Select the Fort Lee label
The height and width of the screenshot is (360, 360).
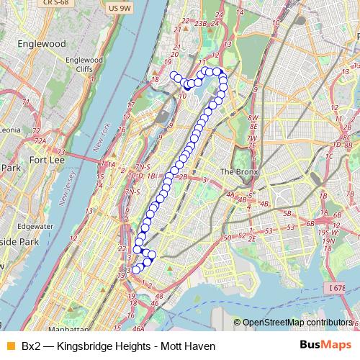coord(48,140)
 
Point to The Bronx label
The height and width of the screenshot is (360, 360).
coord(238,172)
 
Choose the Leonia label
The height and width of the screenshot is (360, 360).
coord(10,130)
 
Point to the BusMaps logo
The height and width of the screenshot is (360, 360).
coord(325,346)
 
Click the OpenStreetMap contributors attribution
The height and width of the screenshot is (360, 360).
coord(297,323)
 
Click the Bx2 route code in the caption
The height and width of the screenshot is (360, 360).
coord(30,346)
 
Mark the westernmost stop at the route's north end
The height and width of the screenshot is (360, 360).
coord(173,76)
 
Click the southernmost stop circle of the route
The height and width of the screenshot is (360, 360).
coord(136,270)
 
